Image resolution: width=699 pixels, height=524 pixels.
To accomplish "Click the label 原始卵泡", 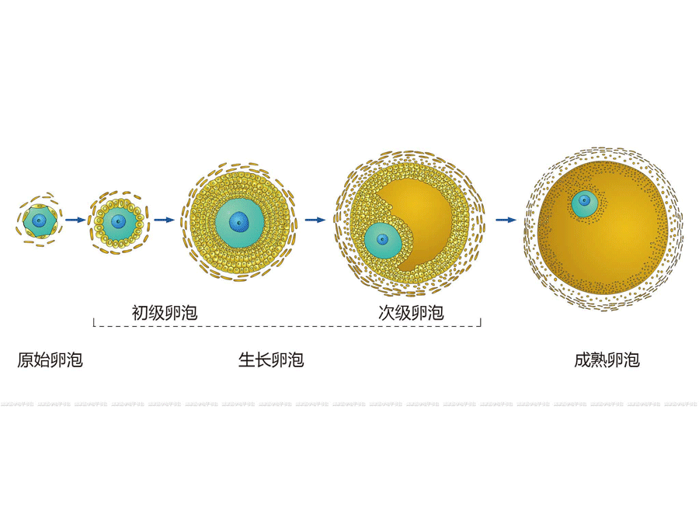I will click(x=50, y=360).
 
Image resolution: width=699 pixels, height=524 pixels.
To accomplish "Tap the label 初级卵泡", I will click(x=165, y=313).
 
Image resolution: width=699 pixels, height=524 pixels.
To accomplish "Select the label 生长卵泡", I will click(x=271, y=360).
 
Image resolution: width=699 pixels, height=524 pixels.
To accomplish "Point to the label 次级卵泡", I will click(x=411, y=313).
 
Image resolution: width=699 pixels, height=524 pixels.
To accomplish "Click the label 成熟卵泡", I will click(x=607, y=360).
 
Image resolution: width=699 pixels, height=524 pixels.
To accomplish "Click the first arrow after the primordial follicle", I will click(x=76, y=220).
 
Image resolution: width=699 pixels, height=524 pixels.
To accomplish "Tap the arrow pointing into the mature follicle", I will click(x=506, y=220).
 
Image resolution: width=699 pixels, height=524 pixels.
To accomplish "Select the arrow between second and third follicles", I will click(x=165, y=220).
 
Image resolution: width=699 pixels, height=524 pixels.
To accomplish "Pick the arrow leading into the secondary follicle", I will click(x=315, y=220).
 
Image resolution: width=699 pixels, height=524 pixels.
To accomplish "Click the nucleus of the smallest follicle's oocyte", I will click(x=39, y=221).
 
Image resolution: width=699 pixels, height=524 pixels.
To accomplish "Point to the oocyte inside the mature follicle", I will click(x=584, y=204).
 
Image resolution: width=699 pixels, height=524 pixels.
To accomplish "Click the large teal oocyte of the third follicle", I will click(x=239, y=220).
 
